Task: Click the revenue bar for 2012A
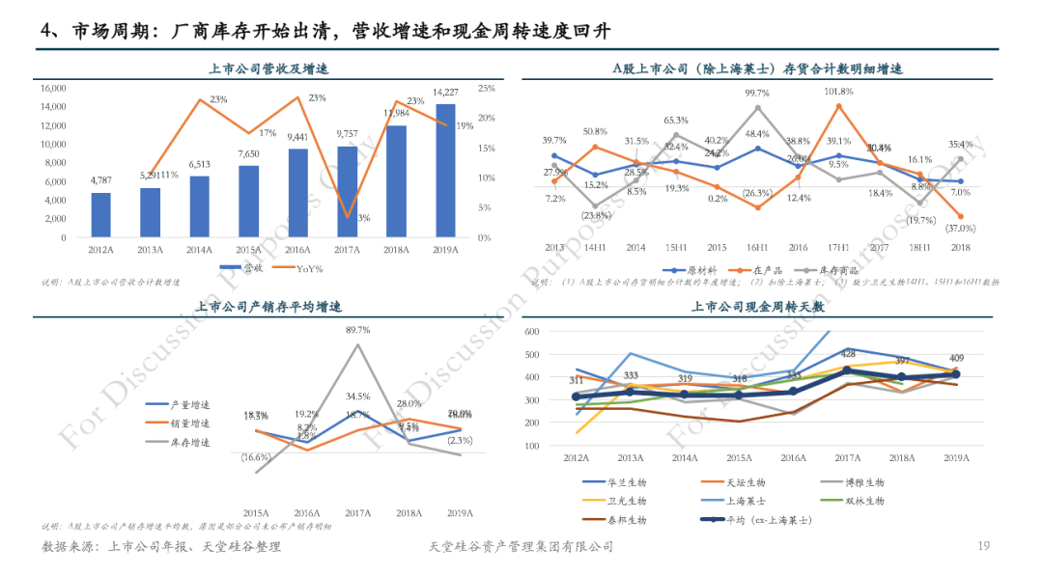coord(100,214)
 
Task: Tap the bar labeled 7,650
coord(248,201)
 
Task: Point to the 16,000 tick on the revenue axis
coord(54,88)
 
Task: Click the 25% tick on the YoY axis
coord(487,88)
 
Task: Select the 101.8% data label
coord(838,92)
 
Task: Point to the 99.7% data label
coord(757,94)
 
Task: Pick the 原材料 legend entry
coord(691,271)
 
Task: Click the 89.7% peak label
coord(358,330)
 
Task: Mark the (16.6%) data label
coord(256,456)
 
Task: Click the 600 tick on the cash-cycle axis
coord(559,331)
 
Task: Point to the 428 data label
coord(846,354)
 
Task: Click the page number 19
coord(984,547)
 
